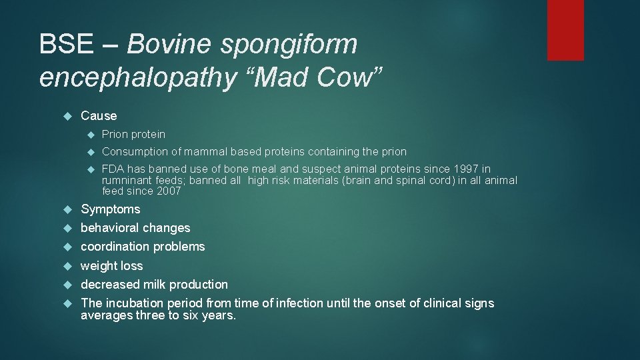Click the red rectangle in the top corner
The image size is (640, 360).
(x=565, y=30)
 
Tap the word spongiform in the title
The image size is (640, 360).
(x=289, y=45)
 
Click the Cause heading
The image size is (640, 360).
(x=99, y=115)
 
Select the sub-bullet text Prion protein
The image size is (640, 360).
(x=133, y=134)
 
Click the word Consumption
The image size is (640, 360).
(x=136, y=151)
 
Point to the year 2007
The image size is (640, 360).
(x=168, y=191)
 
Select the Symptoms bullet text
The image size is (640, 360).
(x=110, y=209)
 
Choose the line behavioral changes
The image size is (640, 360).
(x=135, y=228)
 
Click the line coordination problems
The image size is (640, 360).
(x=143, y=247)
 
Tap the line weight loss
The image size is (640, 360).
(x=111, y=266)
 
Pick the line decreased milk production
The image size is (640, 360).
(x=154, y=285)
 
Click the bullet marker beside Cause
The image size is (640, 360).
(x=66, y=116)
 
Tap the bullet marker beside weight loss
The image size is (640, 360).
(x=66, y=266)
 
